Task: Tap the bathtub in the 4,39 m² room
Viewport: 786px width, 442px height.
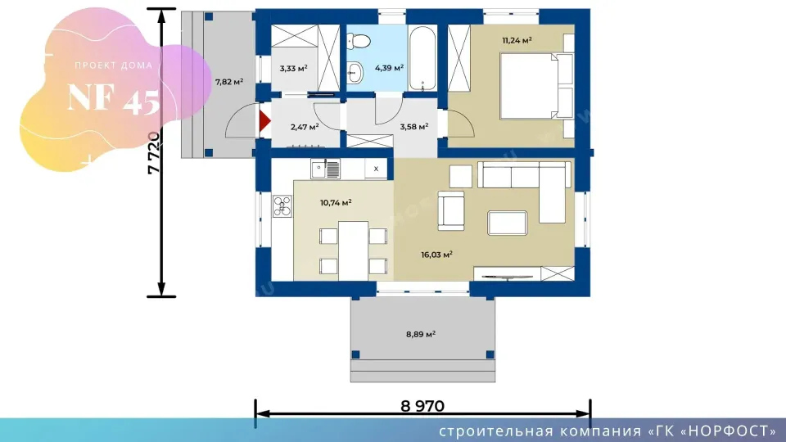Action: pos(422,59)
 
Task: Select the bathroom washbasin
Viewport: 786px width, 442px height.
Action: pos(355,73)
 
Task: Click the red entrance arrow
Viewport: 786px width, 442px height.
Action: pos(264,121)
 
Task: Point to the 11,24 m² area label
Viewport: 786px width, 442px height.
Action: pos(517,41)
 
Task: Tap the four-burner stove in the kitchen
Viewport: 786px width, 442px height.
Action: pos(282,206)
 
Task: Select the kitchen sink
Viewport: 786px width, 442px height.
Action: pos(325,169)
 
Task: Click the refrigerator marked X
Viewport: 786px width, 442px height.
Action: pos(376,169)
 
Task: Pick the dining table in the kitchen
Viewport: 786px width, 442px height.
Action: pos(354,250)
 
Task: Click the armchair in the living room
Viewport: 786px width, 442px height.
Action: pos(450,210)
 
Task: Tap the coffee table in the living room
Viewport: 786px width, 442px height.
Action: pos(508,223)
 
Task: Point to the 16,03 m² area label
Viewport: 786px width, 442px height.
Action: pos(436,255)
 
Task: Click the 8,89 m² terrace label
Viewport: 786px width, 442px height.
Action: pos(421,334)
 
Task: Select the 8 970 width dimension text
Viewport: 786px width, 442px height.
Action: pos(422,406)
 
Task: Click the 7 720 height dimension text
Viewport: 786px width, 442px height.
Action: pos(154,153)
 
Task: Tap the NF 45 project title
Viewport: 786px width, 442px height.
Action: pos(114,98)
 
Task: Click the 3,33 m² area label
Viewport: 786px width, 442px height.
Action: pos(293,68)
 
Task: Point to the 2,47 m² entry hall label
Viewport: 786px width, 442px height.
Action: pos(305,128)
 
